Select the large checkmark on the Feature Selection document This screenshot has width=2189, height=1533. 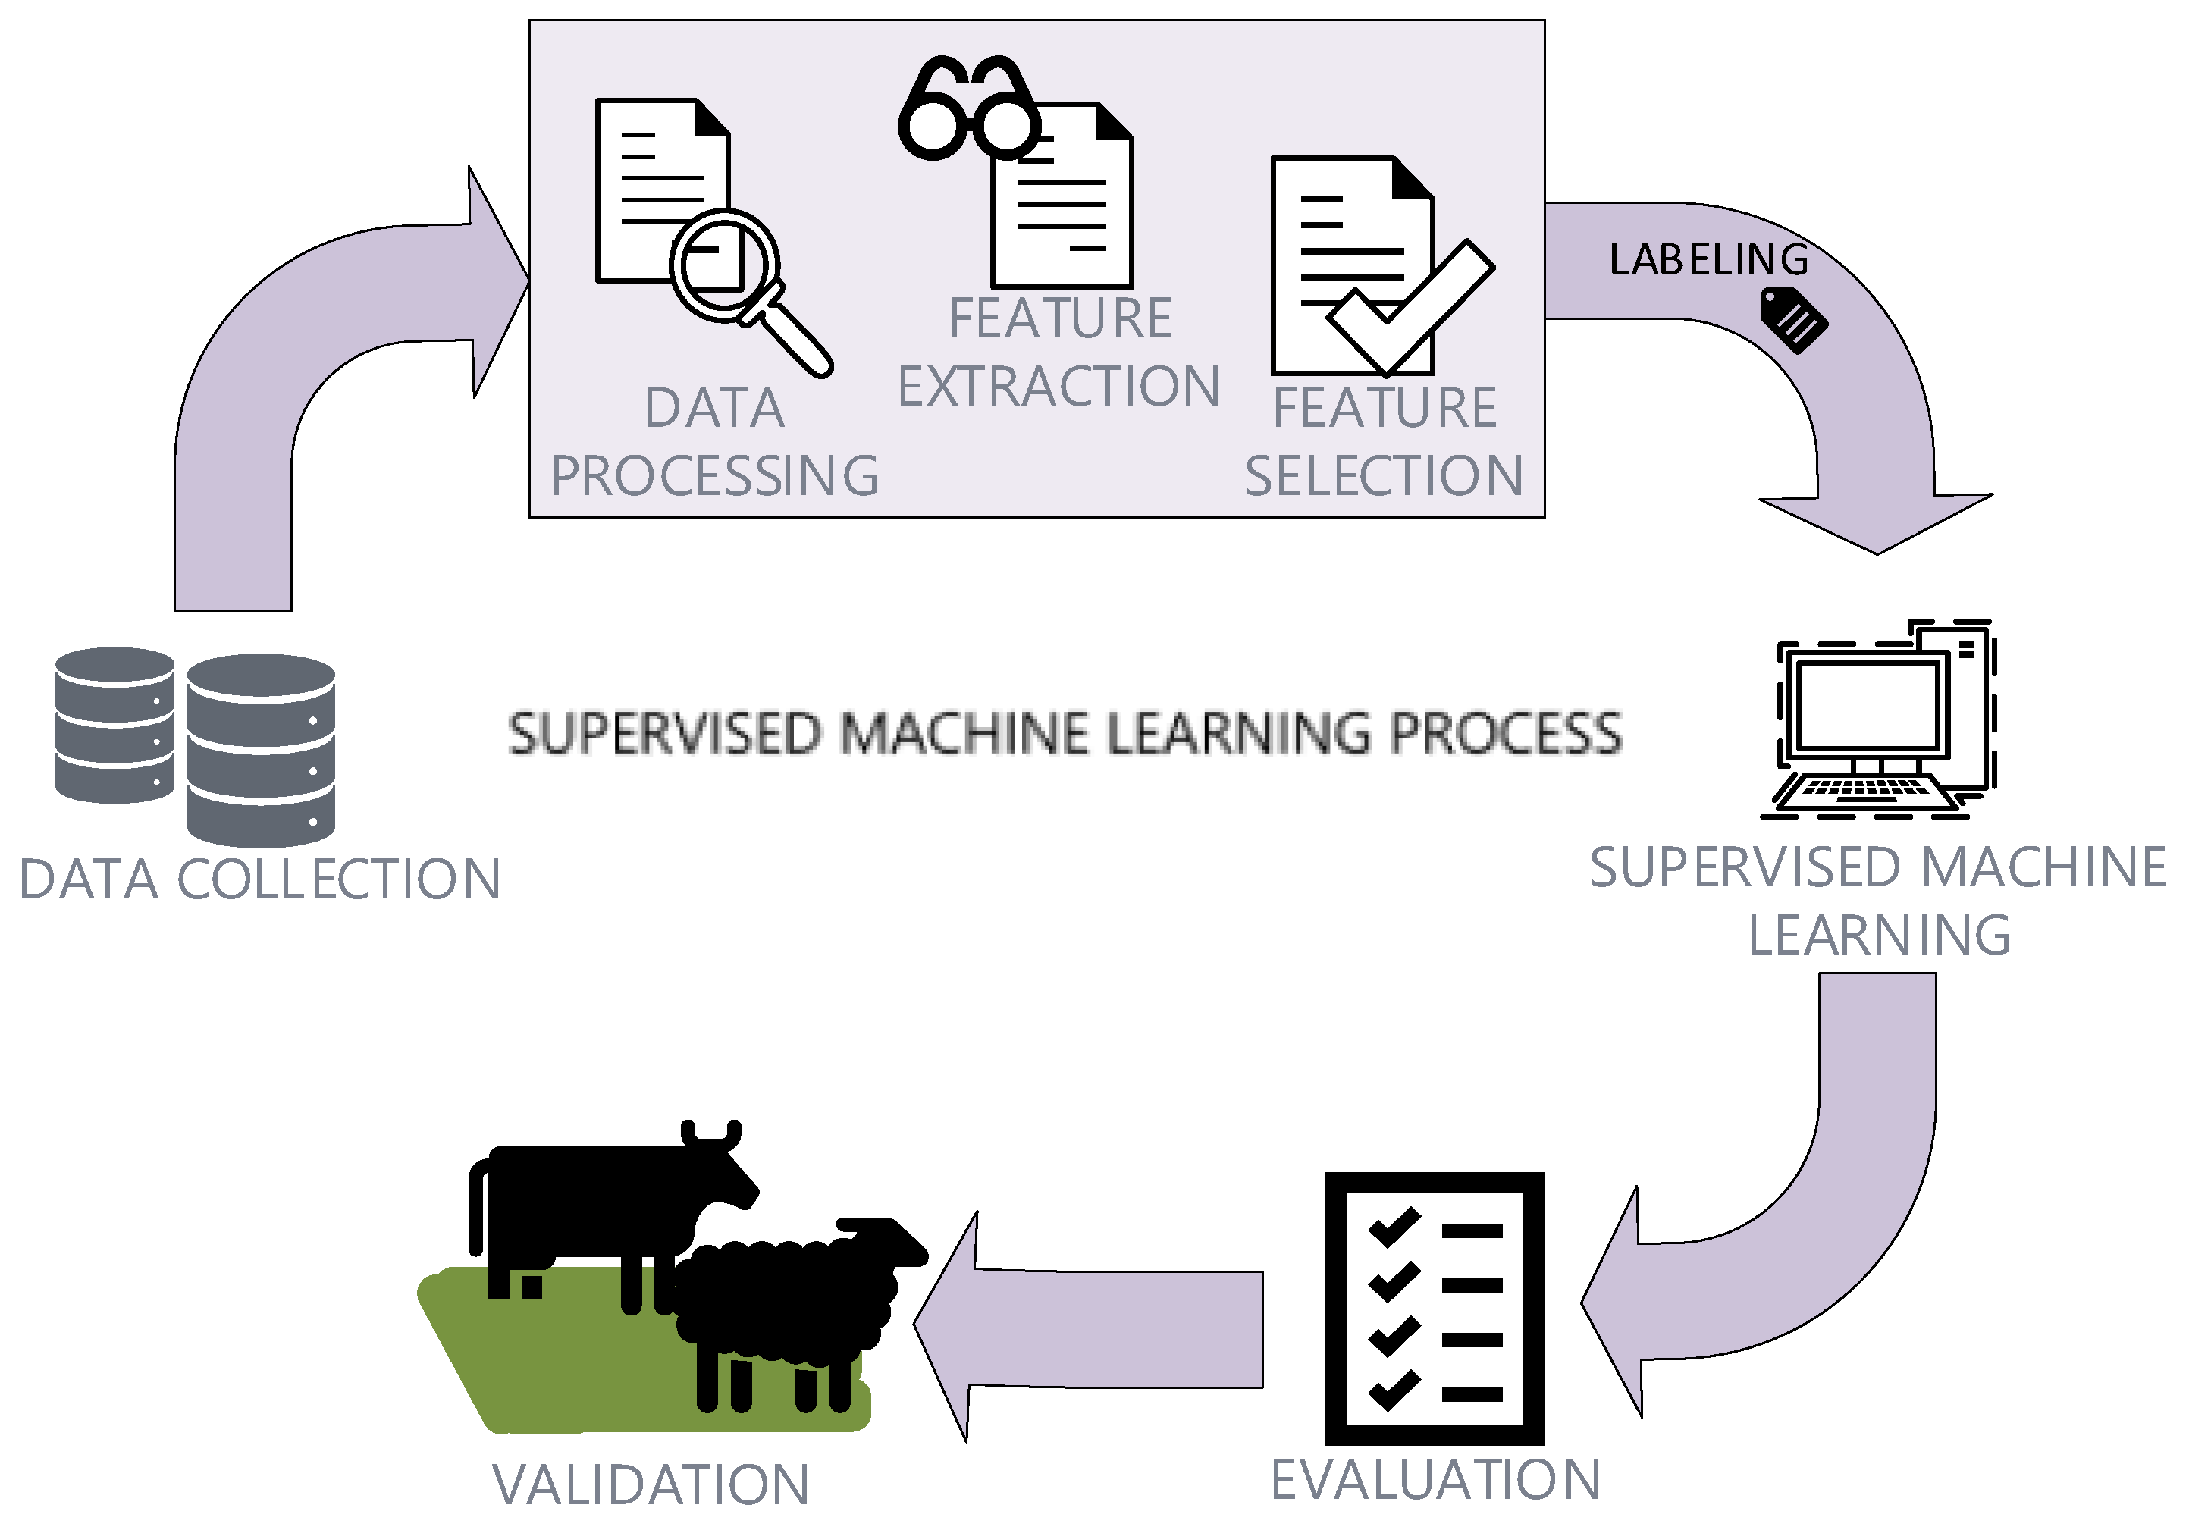coord(1409,308)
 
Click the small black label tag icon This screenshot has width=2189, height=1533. coord(1792,321)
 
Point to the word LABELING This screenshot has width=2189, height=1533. coord(1708,259)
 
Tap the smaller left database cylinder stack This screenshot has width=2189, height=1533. coord(114,725)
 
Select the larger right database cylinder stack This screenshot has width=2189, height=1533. coord(260,751)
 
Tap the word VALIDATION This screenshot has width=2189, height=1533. coord(651,1484)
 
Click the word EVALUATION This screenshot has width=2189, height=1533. coord(1435,1480)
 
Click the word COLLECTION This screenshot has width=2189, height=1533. coord(338,879)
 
